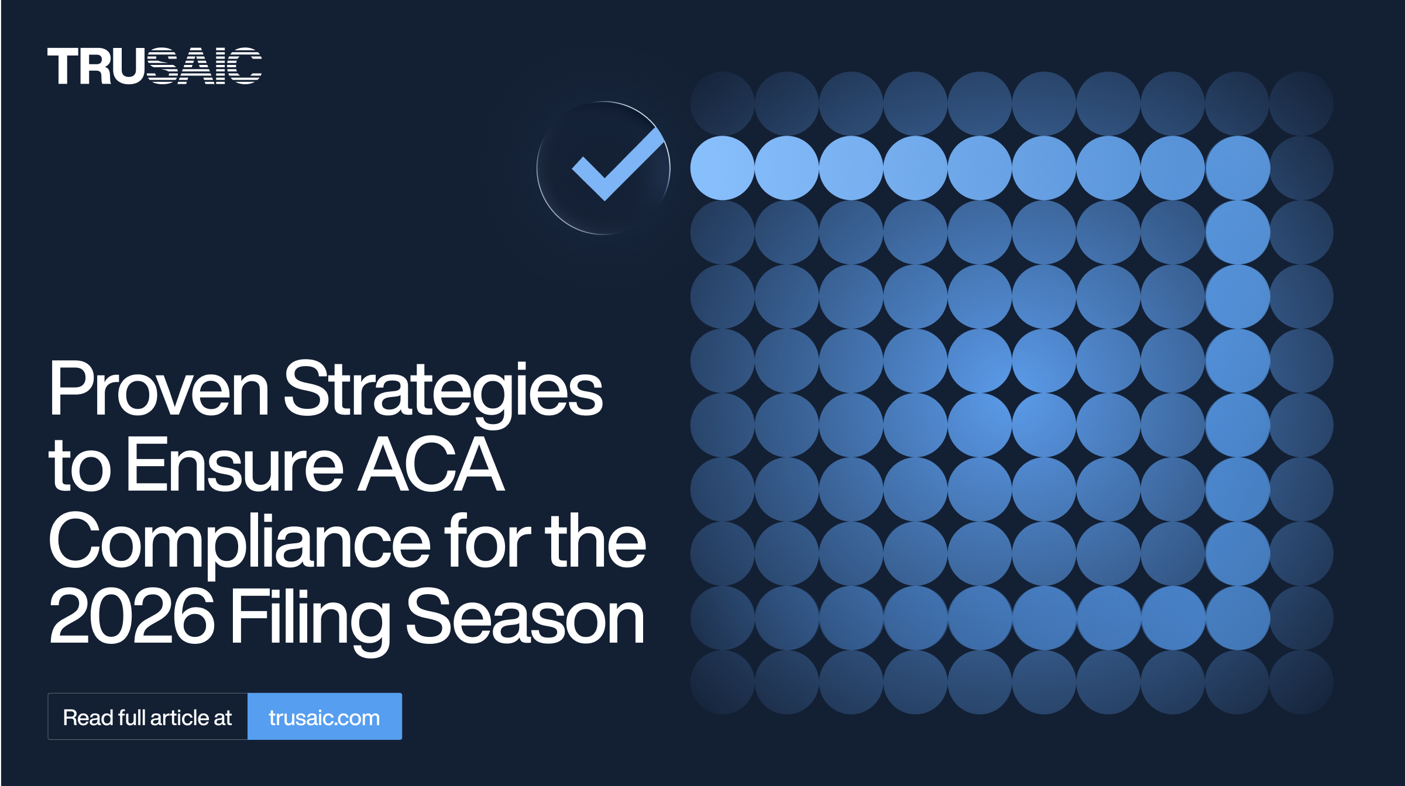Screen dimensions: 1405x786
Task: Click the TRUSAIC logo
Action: point(154,66)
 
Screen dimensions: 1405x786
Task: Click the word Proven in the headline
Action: point(159,388)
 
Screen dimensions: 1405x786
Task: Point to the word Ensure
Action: point(235,465)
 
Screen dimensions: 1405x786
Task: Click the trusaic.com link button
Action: point(325,716)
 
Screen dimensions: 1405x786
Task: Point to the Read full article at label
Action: point(147,718)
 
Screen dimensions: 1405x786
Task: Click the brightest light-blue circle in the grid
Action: point(723,168)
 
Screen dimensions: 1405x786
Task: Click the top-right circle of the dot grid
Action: point(1302,104)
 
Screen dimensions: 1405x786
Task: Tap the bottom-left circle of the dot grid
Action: point(723,682)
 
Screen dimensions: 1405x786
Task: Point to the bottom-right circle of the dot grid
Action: point(1302,682)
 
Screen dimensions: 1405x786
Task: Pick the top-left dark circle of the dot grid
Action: point(723,104)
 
